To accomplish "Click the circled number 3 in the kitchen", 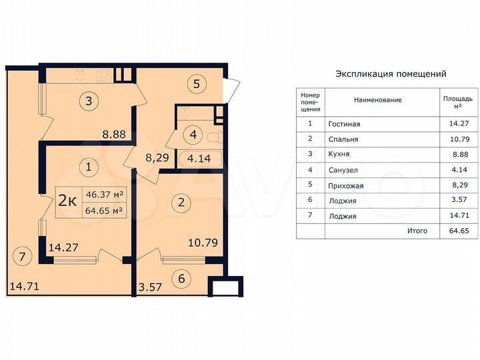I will [88, 101].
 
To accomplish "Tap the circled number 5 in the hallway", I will [197, 84].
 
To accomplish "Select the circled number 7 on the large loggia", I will [22, 255].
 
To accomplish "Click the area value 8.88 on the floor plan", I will [114, 134].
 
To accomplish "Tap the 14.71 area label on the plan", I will [24, 287].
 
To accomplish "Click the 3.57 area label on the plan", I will [150, 287].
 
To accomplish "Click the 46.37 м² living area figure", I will [105, 195].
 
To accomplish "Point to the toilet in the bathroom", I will [213, 138].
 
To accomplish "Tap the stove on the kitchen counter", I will [104, 74].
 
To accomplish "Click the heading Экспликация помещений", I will [391, 74].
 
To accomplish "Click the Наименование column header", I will [377, 100].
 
